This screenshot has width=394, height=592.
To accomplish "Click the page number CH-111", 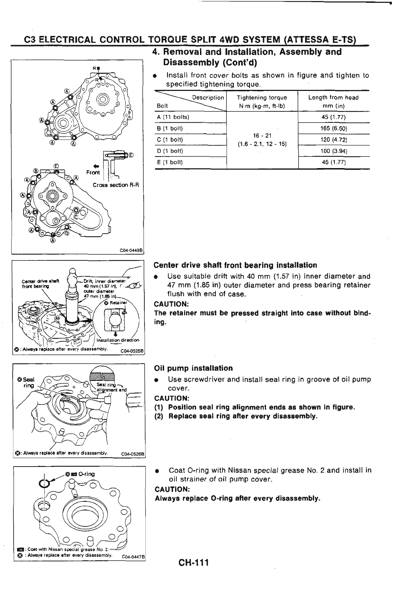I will (194, 562).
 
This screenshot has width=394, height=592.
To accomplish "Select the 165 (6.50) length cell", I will (333, 128).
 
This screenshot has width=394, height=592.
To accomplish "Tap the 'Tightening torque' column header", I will (262, 98).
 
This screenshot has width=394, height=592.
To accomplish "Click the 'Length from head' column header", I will (333, 98).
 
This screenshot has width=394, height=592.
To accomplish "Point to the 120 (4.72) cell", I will (333, 140).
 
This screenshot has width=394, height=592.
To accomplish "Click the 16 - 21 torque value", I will (262, 135).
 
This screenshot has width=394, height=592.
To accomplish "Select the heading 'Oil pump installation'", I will (193, 368).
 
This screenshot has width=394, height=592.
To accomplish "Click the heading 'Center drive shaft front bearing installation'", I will (235, 265).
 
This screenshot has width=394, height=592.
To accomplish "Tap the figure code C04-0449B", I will (131, 251).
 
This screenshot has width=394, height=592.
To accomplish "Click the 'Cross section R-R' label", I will (116, 185).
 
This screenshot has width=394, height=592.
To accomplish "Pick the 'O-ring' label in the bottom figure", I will (86, 474).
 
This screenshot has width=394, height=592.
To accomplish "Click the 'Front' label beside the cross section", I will (93, 172).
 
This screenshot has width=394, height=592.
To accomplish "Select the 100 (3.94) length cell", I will (333, 151).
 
